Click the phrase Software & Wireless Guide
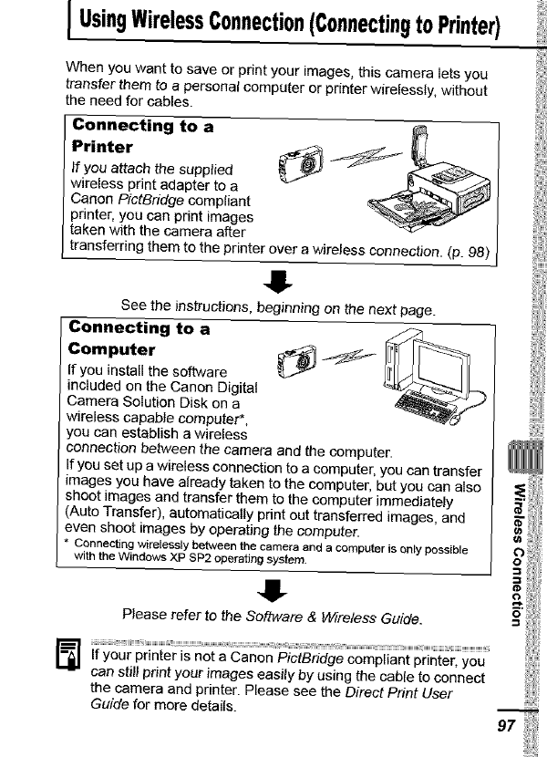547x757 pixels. (x=326, y=617)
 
